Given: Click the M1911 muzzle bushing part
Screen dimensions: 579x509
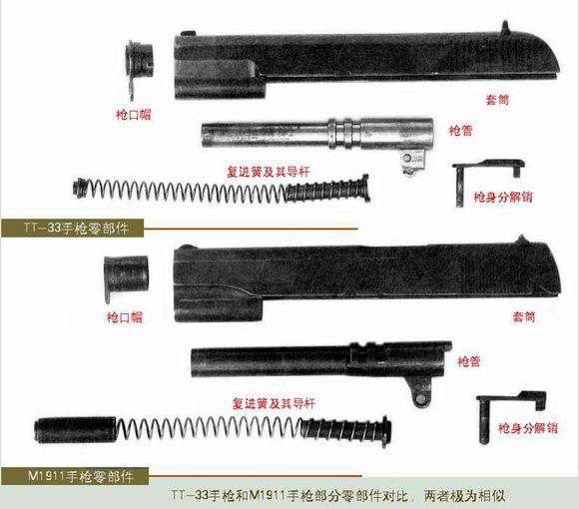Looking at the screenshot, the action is [126, 275].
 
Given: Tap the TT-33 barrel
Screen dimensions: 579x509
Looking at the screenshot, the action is [316, 134].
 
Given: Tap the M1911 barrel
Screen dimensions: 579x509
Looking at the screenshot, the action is [321, 361].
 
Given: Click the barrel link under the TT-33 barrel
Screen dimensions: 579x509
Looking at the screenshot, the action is [412, 163].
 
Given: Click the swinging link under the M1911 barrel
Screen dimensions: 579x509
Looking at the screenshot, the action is [420, 395].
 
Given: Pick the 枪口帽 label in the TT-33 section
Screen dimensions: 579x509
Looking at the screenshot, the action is [134, 115].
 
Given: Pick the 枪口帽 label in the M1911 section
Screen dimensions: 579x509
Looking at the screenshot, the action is [125, 317].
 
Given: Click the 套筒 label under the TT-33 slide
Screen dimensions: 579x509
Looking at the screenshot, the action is [497, 100].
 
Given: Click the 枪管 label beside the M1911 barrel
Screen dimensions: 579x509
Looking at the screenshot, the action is [469, 361].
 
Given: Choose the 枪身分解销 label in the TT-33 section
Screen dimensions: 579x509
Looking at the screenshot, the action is [503, 197].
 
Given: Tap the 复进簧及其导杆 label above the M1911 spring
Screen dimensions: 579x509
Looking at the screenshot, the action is [274, 403].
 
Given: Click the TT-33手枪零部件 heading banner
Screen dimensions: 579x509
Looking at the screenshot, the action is [72, 228].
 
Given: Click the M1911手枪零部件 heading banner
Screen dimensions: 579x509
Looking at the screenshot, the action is [75, 476].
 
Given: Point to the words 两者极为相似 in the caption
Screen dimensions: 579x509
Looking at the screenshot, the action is [464, 496].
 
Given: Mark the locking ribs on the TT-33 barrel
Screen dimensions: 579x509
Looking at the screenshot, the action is [344, 134].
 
